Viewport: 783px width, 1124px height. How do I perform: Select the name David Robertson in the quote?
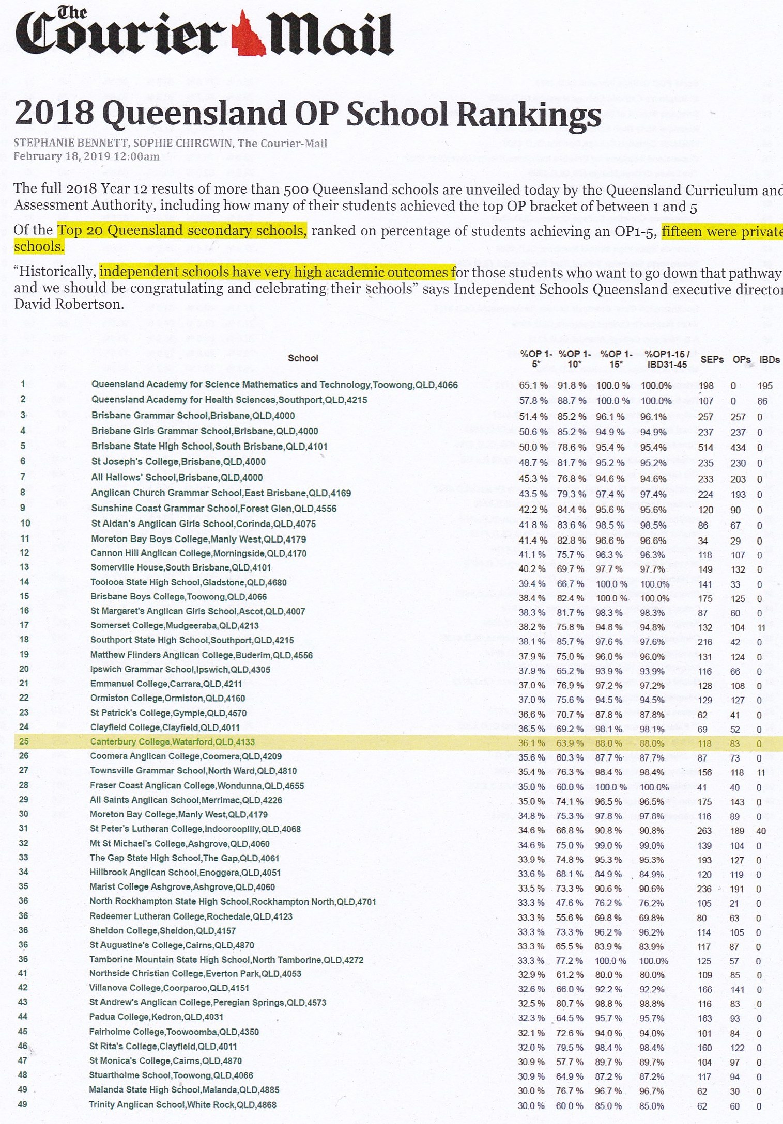tap(69, 304)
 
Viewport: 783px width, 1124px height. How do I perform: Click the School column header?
tap(303, 358)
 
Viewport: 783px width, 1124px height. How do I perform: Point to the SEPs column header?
tap(712, 359)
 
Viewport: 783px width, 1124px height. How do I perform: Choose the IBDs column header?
tap(769, 359)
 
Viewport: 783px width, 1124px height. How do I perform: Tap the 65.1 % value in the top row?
tap(533, 385)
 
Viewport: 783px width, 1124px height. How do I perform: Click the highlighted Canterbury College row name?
tap(172, 742)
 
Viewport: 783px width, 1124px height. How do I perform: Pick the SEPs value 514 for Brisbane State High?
tap(705, 448)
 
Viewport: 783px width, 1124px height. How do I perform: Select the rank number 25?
tap(24, 741)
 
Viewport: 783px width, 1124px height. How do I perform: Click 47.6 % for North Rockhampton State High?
tap(570, 903)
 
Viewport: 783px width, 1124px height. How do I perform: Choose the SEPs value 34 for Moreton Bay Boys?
tap(705, 541)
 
